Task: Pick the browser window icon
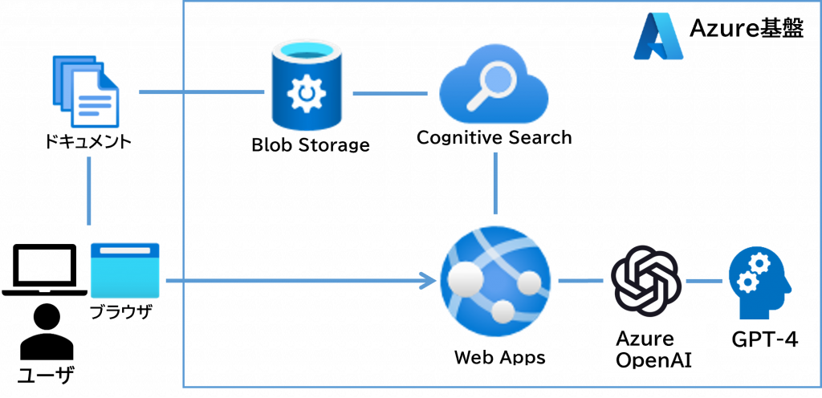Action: (x=124, y=270)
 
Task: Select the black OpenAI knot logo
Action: (x=645, y=280)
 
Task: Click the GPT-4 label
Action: (x=764, y=340)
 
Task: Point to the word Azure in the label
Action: (x=645, y=338)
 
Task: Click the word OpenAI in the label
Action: (x=654, y=359)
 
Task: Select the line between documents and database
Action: (x=201, y=93)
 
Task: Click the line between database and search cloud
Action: (x=389, y=94)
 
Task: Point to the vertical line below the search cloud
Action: (x=495, y=183)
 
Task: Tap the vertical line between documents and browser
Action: (x=88, y=191)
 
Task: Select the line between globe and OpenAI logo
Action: (x=580, y=281)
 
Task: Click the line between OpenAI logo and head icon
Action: (x=704, y=281)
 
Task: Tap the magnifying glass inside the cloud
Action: (x=498, y=83)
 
